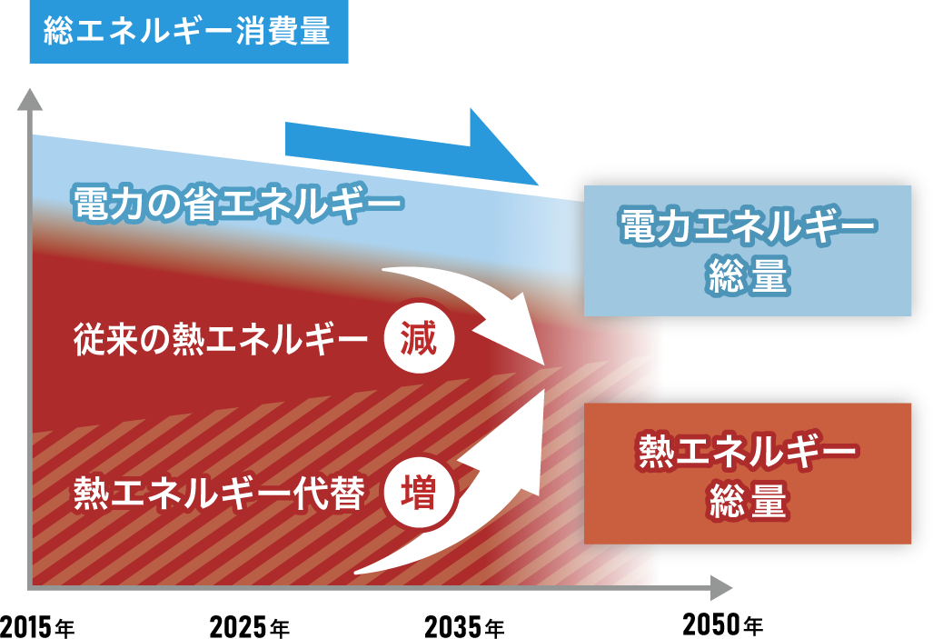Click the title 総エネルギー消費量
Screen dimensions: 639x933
point(188,33)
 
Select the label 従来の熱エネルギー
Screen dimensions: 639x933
point(220,341)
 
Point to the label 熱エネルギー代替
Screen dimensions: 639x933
point(220,494)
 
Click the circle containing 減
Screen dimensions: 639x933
point(418,341)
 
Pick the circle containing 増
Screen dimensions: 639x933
point(418,494)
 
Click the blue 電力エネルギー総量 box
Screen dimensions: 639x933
point(747,251)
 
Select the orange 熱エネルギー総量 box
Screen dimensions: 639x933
point(747,474)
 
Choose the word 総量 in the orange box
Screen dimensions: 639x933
point(747,503)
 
